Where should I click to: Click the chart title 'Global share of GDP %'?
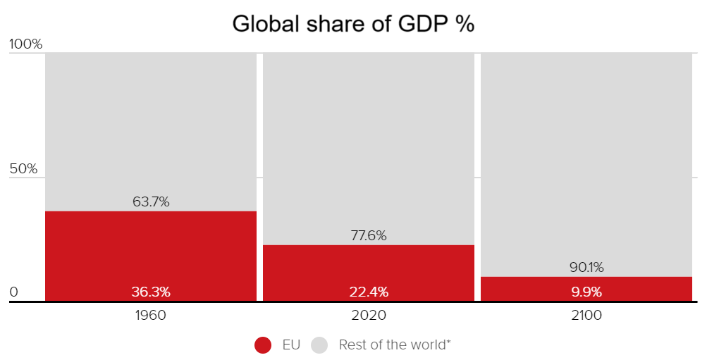point(353,23)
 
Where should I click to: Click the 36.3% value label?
point(151,292)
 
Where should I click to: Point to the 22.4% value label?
point(369,292)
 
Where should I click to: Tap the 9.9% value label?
point(586,292)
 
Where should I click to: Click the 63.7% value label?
point(151,202)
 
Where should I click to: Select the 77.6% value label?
point(369,236)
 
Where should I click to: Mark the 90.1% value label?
point(586,268)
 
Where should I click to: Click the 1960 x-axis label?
point(151,316)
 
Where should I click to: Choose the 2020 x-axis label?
point(369,316)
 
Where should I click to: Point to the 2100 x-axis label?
point(586,316)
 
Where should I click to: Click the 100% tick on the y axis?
point(26,44)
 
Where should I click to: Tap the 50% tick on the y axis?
point(23,170)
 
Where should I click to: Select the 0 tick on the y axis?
point(13,292)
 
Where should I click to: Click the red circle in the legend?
point(263,345)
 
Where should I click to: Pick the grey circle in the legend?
point(320,345)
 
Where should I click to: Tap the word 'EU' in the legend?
point(291,345)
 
